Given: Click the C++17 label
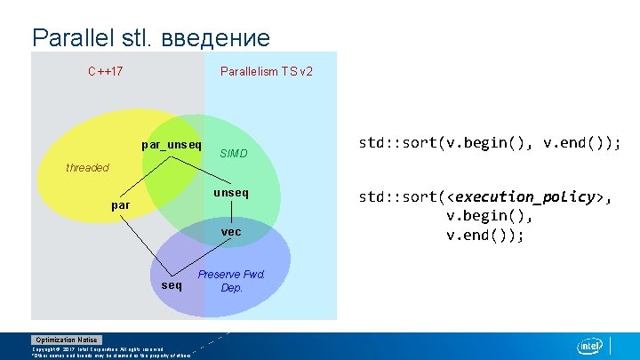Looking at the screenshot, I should click(x=105, y=71).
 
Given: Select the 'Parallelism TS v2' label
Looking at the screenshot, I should click(x=266, y=71).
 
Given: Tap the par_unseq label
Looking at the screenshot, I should click(x=172, y=144).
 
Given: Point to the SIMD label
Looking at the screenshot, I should click(x=233, y=155).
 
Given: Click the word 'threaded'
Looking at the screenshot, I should click(x=87, y=167).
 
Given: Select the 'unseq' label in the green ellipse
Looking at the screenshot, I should click(x=231, y=192).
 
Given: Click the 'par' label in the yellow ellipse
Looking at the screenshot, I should click(x=120, y=206).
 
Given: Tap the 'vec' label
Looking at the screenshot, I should click(x=231, y=232).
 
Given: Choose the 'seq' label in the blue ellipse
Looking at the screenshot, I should click(x=172, y=285).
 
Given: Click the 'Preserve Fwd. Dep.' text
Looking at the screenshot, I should click(x=231, y=281).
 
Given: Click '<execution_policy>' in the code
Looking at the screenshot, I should click(x=524, y=197).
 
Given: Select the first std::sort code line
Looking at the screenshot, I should click(x=489, y=142).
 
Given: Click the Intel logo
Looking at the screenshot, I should click(x=589, y=346).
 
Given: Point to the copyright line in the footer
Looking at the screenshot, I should click(x=98, y=349).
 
